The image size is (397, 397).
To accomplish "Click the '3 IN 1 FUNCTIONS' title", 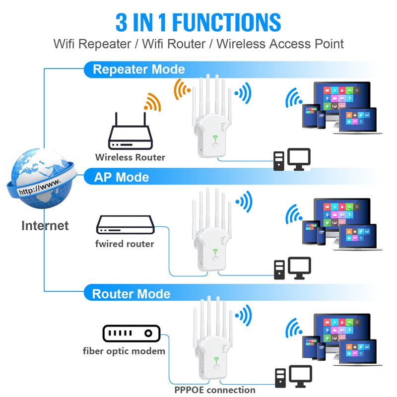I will click(198, 22).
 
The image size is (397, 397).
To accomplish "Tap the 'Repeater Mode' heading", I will click(139, 69).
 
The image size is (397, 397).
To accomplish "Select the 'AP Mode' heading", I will click(122, 177).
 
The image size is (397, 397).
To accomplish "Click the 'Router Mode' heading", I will click(132, 294).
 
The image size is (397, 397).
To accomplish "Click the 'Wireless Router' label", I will click(131, 157).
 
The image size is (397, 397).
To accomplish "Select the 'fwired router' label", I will click(125, 244).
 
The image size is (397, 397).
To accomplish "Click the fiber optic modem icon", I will click(131, 333).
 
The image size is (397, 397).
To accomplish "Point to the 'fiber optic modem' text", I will click(124, 351).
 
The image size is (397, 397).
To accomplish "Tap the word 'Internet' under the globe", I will click(45, 226).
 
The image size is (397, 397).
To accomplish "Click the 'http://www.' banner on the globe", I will click(40, 186).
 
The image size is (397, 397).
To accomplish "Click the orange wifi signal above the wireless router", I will click(153, 102).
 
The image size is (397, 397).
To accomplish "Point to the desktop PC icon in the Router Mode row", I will click(293, 377).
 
